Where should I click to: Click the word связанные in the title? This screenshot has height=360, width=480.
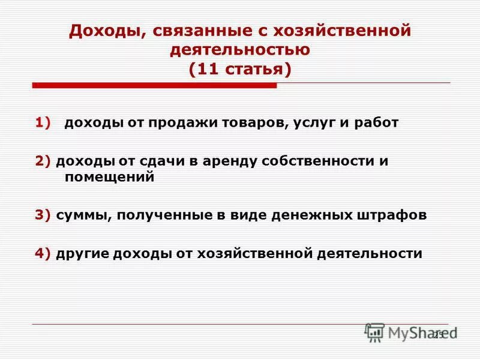(x=193, y=31)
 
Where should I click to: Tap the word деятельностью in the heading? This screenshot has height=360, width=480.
(x=239, y=49)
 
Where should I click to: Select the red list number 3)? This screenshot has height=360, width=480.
(x=43, y=216)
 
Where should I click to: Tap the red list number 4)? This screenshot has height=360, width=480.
(x=43, y=253)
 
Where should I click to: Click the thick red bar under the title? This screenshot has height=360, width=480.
(x=154, y=86)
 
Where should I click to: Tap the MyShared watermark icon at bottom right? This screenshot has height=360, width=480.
(x=374, y=332)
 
